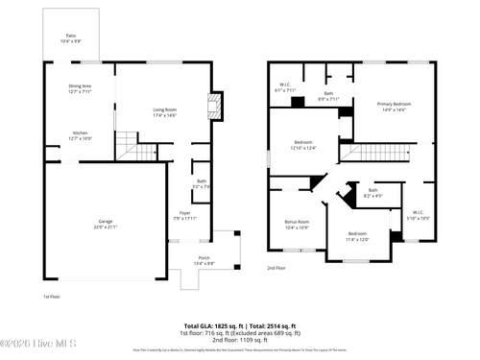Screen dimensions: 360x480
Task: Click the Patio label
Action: tap(72, 39)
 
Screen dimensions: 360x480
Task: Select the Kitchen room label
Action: tap(80, 135)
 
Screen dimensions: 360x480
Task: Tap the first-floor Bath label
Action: tap(202, 183)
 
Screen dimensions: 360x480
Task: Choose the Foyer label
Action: tap(183, 215)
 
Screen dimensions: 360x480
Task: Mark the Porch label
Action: tap(204, 261)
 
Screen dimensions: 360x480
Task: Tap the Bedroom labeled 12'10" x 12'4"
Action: tap(303, 145)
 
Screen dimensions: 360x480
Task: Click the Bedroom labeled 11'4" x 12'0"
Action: tap(357, 236)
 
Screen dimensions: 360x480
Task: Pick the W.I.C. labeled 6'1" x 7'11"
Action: tap(286, 87)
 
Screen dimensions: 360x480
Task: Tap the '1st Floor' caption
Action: tap(53, 297)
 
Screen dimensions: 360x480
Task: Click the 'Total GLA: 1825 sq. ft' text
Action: tap(211, 325)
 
